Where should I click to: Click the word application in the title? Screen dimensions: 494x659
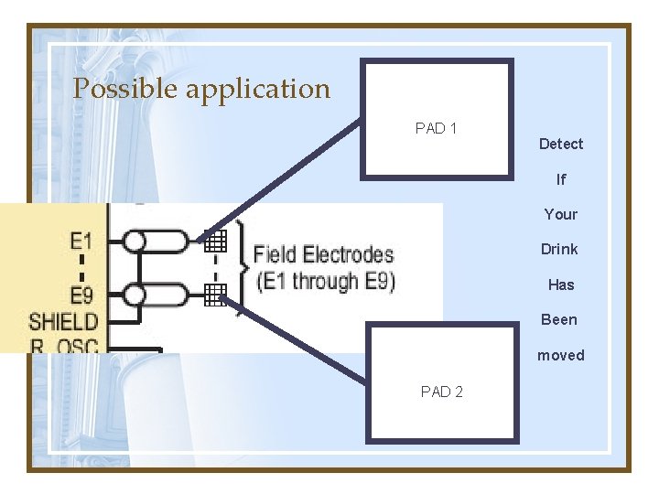click(x=257, y=90)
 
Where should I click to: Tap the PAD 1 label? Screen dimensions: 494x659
click(x=436, y=128)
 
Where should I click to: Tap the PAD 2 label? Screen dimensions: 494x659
click(x=441, y=392)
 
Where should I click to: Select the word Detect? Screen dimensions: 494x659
click(x=560, y=144)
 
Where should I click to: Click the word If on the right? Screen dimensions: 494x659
click(x=560, y=179)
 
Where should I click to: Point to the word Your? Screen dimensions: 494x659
click(x=560, y=214)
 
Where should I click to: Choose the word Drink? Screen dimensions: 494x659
click(x=559, y=249)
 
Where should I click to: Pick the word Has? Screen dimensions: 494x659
click(x=560, y=285)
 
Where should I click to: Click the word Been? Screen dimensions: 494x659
click(x=559, y=319)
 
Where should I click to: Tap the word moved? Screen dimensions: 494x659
click(x=560, y=355)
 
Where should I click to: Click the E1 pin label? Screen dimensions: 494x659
click(x=81, y=242)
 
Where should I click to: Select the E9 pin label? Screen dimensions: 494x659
click(x=81, y=295)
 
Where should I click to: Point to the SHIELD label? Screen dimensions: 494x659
click(x=63, y=321)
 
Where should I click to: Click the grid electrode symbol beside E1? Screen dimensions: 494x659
click(x=215, y=242)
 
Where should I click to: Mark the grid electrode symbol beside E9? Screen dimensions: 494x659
click(x=215, y=294)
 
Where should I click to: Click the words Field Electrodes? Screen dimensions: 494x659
click(x=323, y=254)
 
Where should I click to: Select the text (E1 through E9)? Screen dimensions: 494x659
click(x=325, y=281)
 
